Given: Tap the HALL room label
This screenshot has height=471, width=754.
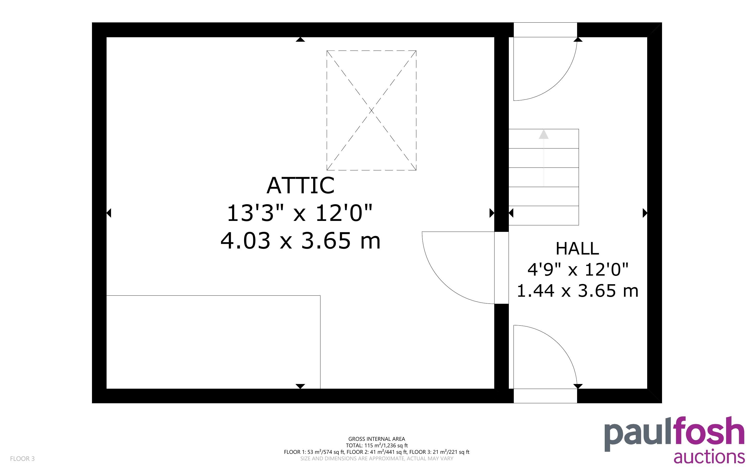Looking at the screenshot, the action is (x=577, y=249).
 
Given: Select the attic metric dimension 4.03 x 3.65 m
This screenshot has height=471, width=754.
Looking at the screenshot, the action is (x=301, y=241).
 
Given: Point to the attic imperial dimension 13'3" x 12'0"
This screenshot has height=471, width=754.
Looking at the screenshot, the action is (x=300, y=213).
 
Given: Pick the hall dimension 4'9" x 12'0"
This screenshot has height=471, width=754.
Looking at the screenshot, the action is (x=578, y=269).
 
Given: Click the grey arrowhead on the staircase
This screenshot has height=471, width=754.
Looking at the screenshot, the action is (x=544, y=134).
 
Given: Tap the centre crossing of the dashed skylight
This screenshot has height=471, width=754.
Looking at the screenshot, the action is (x=371, y=110).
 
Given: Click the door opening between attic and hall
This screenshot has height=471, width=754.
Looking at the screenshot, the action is (x=502, y=268).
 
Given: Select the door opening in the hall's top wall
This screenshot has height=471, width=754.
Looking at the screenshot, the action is (x=545, y=30).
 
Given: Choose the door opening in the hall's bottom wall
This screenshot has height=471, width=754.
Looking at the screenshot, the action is (x=545, y=396).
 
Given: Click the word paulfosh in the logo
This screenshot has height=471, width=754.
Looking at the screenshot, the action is (x=675, y=434).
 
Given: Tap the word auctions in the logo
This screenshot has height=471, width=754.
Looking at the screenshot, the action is (x=709, y=457).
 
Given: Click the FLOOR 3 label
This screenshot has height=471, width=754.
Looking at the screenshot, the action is (x=22, y=458).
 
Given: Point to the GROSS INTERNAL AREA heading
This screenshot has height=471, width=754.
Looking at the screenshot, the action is (x=376, y=439).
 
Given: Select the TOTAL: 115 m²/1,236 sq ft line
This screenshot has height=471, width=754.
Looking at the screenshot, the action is (x=376, y=445).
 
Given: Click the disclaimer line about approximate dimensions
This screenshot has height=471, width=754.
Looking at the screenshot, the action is (x=376, y=458).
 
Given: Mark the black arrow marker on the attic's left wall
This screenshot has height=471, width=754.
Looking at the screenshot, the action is (x=109, y=213).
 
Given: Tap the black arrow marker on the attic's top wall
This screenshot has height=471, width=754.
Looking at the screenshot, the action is (x=300, y=39).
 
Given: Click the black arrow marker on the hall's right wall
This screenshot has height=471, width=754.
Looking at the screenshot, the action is (x=645, y=213).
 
